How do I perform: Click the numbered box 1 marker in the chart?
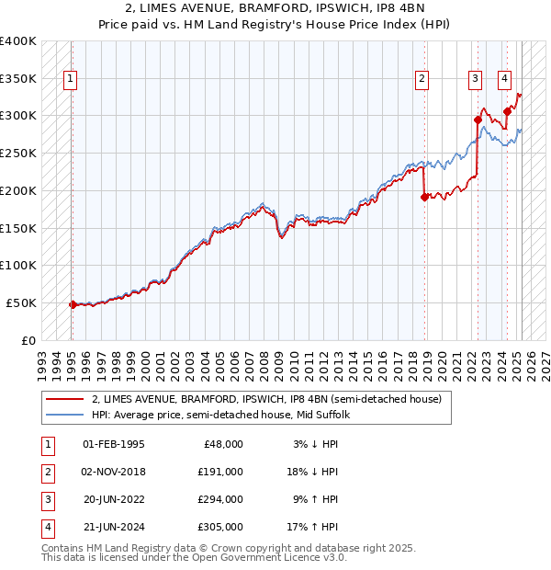point(71,80)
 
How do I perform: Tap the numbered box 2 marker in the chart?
point(422,80)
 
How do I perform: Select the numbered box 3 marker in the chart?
point(476,80)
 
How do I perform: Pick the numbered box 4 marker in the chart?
point(505,80)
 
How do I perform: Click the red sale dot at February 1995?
point(73,303)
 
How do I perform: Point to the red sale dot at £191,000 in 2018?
point(424,197)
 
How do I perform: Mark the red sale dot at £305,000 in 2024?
point(507,111)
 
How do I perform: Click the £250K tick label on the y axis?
point(18,153)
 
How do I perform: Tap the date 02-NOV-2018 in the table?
point(114,472)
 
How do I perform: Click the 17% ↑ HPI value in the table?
point(311,527)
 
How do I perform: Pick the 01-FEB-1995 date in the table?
point(113,444)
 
